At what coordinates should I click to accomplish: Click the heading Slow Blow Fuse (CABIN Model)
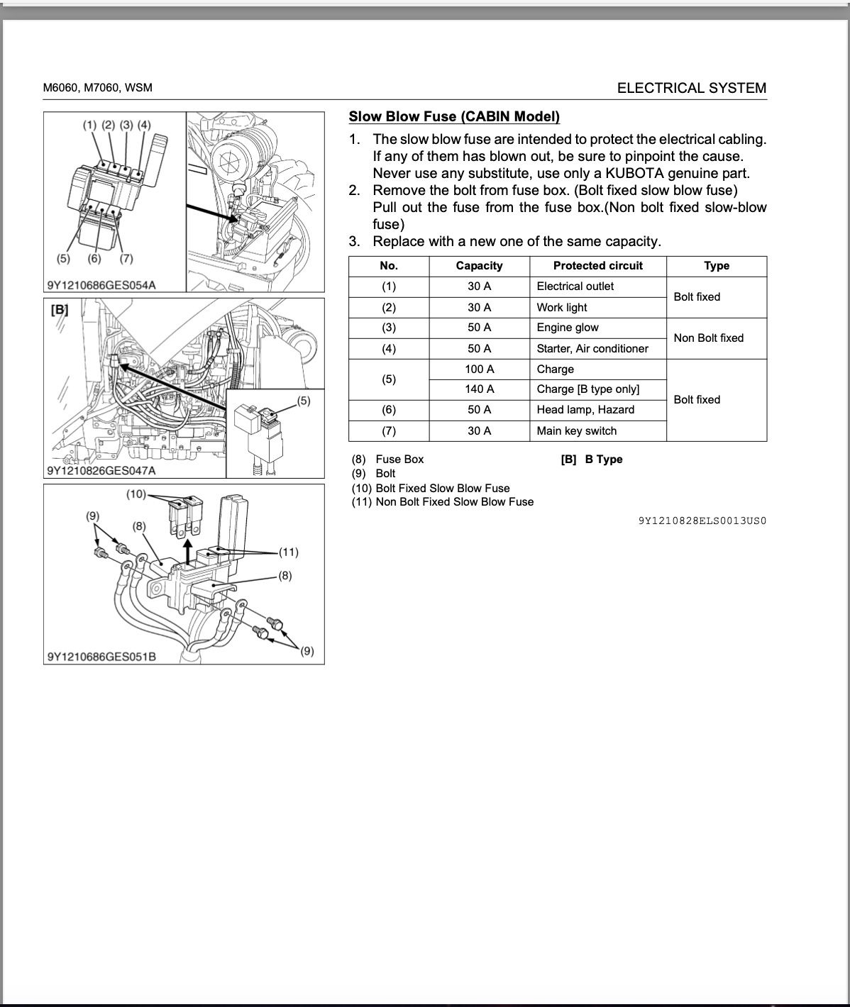pos(454,117)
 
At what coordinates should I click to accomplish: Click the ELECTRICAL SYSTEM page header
pos(691,88)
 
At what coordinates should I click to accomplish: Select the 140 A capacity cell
pos(479,389)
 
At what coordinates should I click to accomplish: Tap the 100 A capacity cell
pos(479,369)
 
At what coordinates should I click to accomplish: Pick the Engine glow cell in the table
pos(568,328)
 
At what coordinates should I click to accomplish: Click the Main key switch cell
pos(576,431)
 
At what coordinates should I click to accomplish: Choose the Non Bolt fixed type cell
pos(708,338)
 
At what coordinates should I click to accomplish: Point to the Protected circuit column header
pos(597,266)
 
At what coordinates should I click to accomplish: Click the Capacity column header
pos(479,266)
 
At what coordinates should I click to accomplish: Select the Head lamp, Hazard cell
pos(585,410)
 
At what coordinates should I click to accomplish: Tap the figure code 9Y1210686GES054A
pos(101,285)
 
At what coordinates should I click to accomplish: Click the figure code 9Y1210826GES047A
pos(101,470)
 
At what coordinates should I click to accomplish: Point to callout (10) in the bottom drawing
pos(136,494)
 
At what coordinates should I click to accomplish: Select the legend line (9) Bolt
pos(374,474)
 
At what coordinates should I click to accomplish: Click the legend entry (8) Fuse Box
pos(388,460)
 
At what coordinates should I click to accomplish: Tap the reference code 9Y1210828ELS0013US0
pos(702,521)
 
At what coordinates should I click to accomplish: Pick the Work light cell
pos(562,308)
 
